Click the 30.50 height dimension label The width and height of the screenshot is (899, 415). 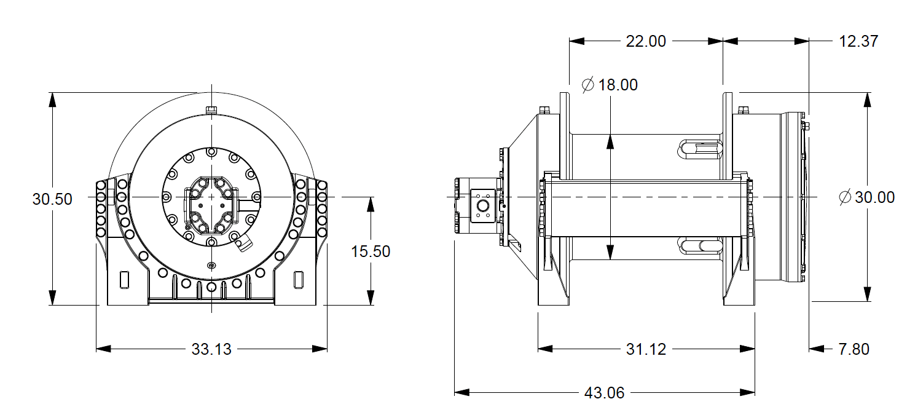[x=52, y=199]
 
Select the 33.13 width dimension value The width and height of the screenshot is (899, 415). [x=211, y=349]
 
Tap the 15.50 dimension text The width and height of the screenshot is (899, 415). [x=371, y=251]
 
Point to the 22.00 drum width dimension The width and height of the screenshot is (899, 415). [x=646, y=41]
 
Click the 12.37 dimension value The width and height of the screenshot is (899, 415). [x=858, y=41]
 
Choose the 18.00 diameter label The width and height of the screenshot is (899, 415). [x=618, y=85]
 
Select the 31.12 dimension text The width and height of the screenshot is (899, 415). [x=646, y=349]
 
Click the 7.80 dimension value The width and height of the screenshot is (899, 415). [x=854, y=349]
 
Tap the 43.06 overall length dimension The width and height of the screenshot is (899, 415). [x=604, y=393]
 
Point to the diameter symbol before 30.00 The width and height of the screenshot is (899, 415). [x=846, y=197]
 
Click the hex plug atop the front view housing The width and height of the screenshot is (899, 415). [x=211, y=109]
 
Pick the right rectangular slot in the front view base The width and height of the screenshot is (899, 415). [x=299, y=279]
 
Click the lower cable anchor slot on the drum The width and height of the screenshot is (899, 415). [x=699, y=247]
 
